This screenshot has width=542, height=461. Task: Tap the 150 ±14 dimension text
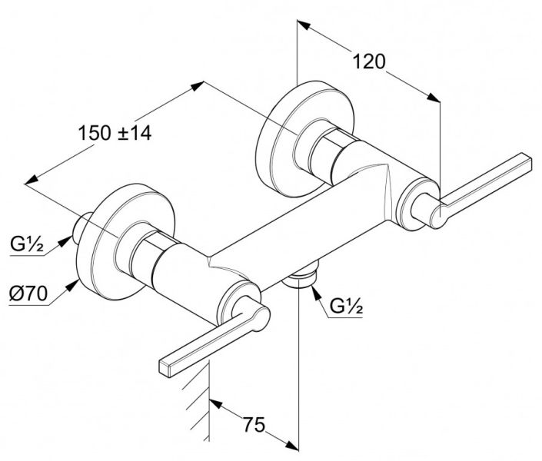click(x=115, y=132)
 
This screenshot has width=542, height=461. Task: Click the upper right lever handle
click(x=492, y=181)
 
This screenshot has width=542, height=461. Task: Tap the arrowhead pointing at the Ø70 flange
click(x=74, y=287)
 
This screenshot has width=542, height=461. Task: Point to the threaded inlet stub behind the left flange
click(x=80, y=228)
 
